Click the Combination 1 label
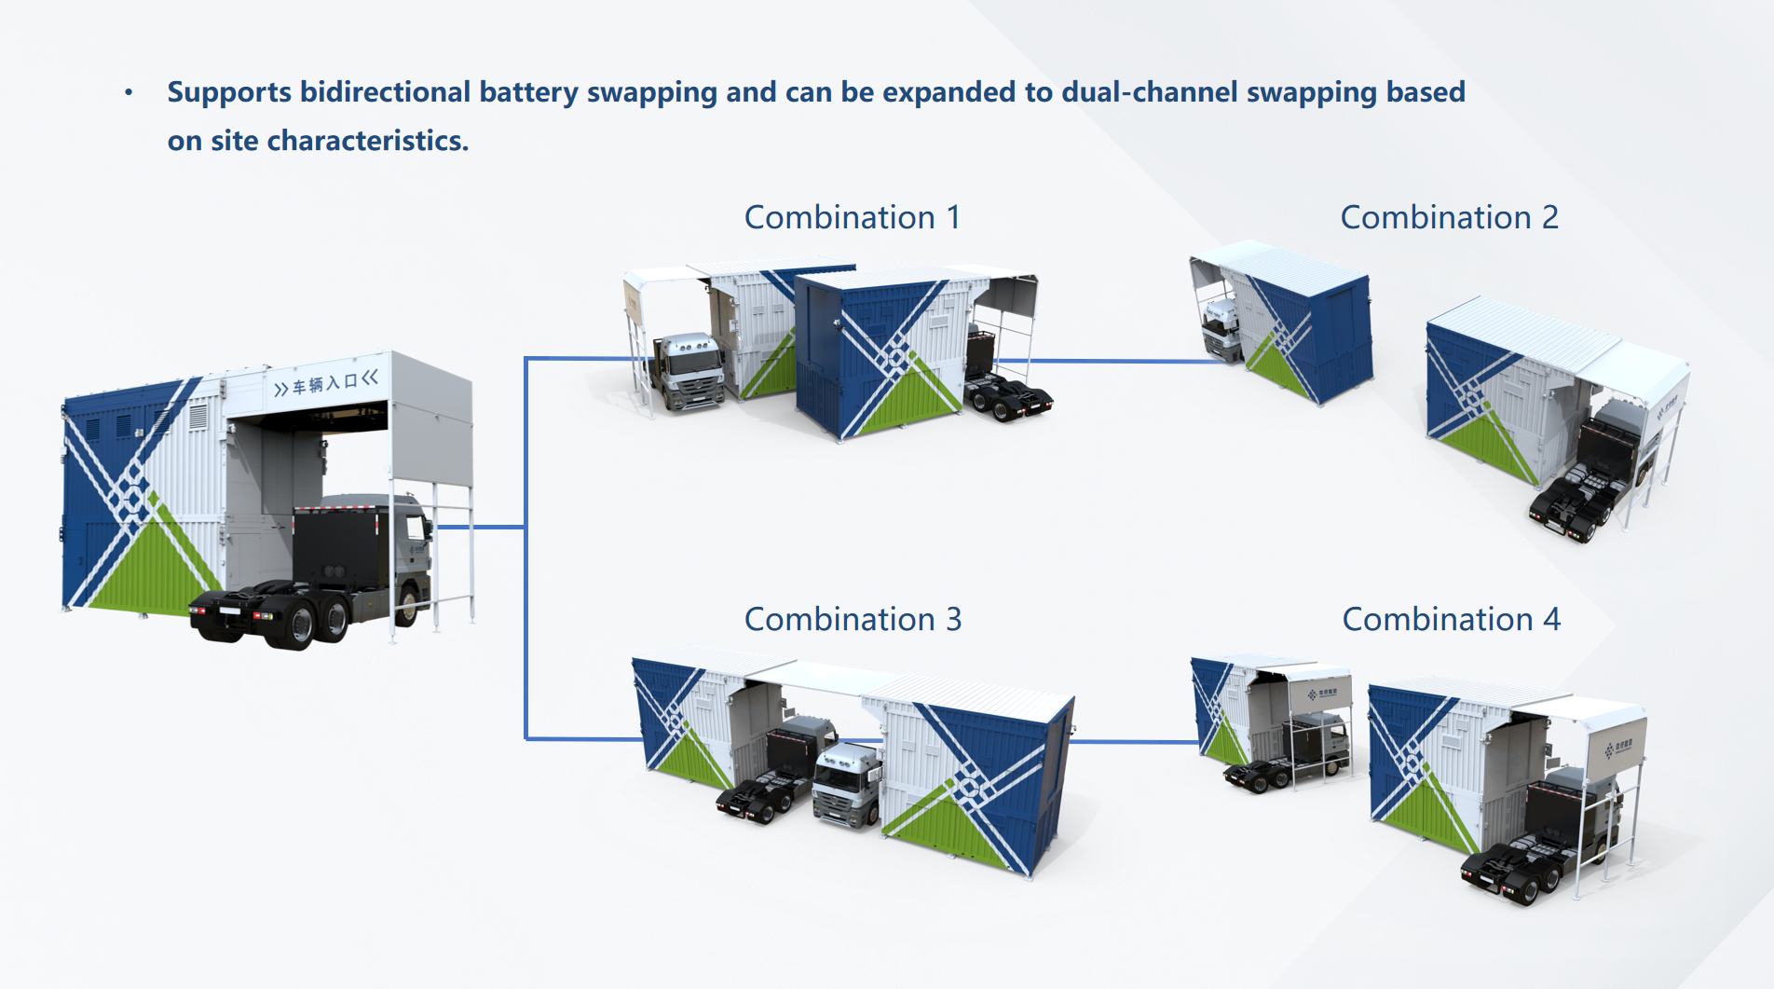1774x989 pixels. click(x=852, y=217)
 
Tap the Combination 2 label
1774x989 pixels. click(x=1449, y=217)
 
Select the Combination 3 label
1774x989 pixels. click(x=853, y=619)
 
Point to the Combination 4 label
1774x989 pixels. click(x=1451, y=619)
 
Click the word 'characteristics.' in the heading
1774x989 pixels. click(x=368, y=141)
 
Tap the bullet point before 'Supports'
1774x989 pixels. click(x=129, y=92)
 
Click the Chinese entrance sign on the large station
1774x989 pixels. click(x=326, y=382)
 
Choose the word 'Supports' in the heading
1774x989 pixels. click(x=229, y=91)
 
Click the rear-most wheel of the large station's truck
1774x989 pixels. click(x=303, y=625)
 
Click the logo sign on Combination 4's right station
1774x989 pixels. click(x=1618, y=747)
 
